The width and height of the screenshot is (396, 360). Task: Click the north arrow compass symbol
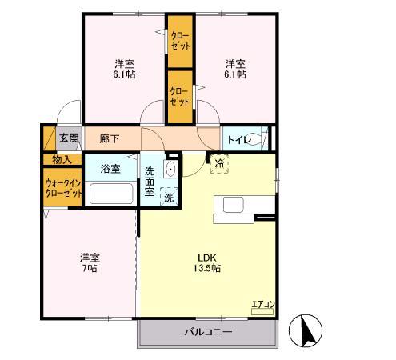pyautogui.click(x=306, y=330)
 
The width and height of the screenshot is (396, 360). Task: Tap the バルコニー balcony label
pyautogui.click(x=208, y=332)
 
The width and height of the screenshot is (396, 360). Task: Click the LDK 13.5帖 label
pyautogui.click(x=207, y=263)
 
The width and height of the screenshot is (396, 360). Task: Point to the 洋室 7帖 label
pyautogui.click(x=90, y=263)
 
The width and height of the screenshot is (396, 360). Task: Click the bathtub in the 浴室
pyautogui.click(x=111, y=194)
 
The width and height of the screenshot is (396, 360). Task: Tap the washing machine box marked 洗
pyautogui.click(x=169, y=197)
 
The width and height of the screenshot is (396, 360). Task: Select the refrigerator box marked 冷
pyautogui.click(x=219, y=163)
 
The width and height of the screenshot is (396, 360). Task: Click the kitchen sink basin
pyautogui.click(x=234, y=205)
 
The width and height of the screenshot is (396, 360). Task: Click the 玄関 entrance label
pyautogui.click(x=69, y=138)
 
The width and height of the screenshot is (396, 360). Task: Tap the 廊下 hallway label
pyautogui.click(x=110, y=138)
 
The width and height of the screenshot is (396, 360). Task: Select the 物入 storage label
pyautogui.click(x=62, y=160)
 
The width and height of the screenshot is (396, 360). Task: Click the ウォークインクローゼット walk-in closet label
pyautogui.click(x=63, y=188)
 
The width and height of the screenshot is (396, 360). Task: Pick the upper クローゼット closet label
pyautogui.click(x=181, y=41)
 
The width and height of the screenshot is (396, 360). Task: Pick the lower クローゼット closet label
pyautogui.click(x=180, y=96)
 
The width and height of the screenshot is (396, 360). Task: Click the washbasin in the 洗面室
pyautogui.click(x=170, y=169)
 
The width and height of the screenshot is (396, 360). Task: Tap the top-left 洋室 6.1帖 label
pyautogui.click(x=124, y=69)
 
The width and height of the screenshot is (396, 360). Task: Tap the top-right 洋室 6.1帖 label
pyautogui.click(x=235, y=69)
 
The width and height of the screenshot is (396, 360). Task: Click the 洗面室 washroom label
pyautogui.click(x=150, y=182)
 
